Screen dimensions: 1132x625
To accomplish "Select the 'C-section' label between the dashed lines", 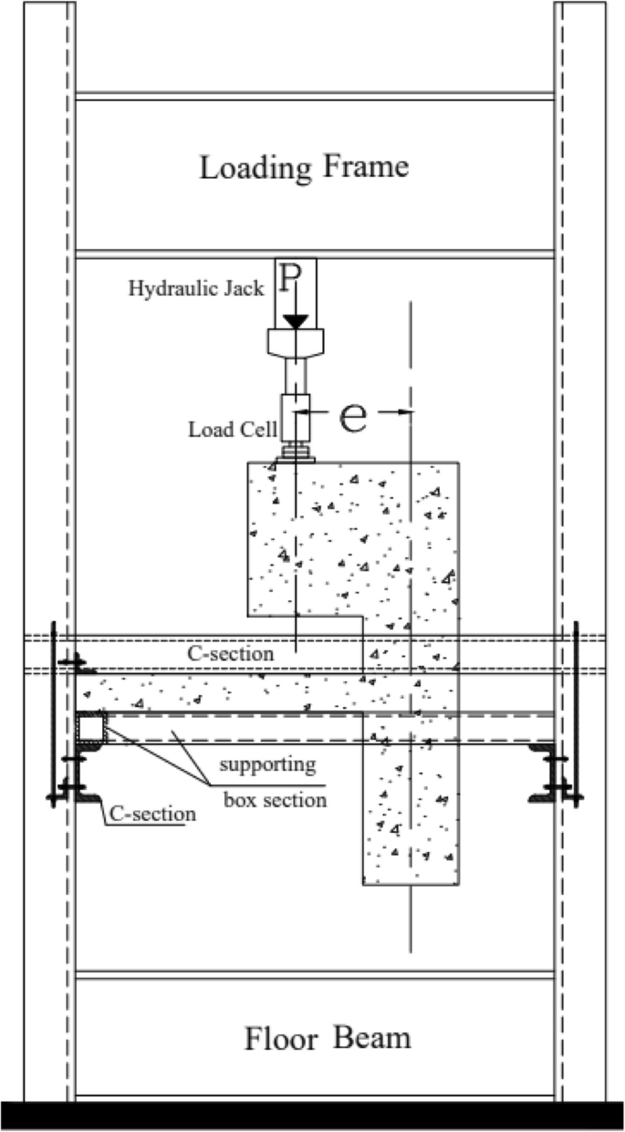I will [231, 653].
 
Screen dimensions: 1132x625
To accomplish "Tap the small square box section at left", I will [90, 728].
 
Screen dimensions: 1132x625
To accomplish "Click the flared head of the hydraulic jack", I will [294, 342].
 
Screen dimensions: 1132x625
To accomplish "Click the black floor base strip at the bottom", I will [312, 1116].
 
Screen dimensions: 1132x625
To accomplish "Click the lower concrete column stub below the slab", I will [411, 812].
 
